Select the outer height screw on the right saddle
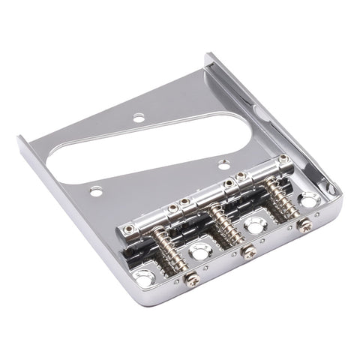tap(284, 159)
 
